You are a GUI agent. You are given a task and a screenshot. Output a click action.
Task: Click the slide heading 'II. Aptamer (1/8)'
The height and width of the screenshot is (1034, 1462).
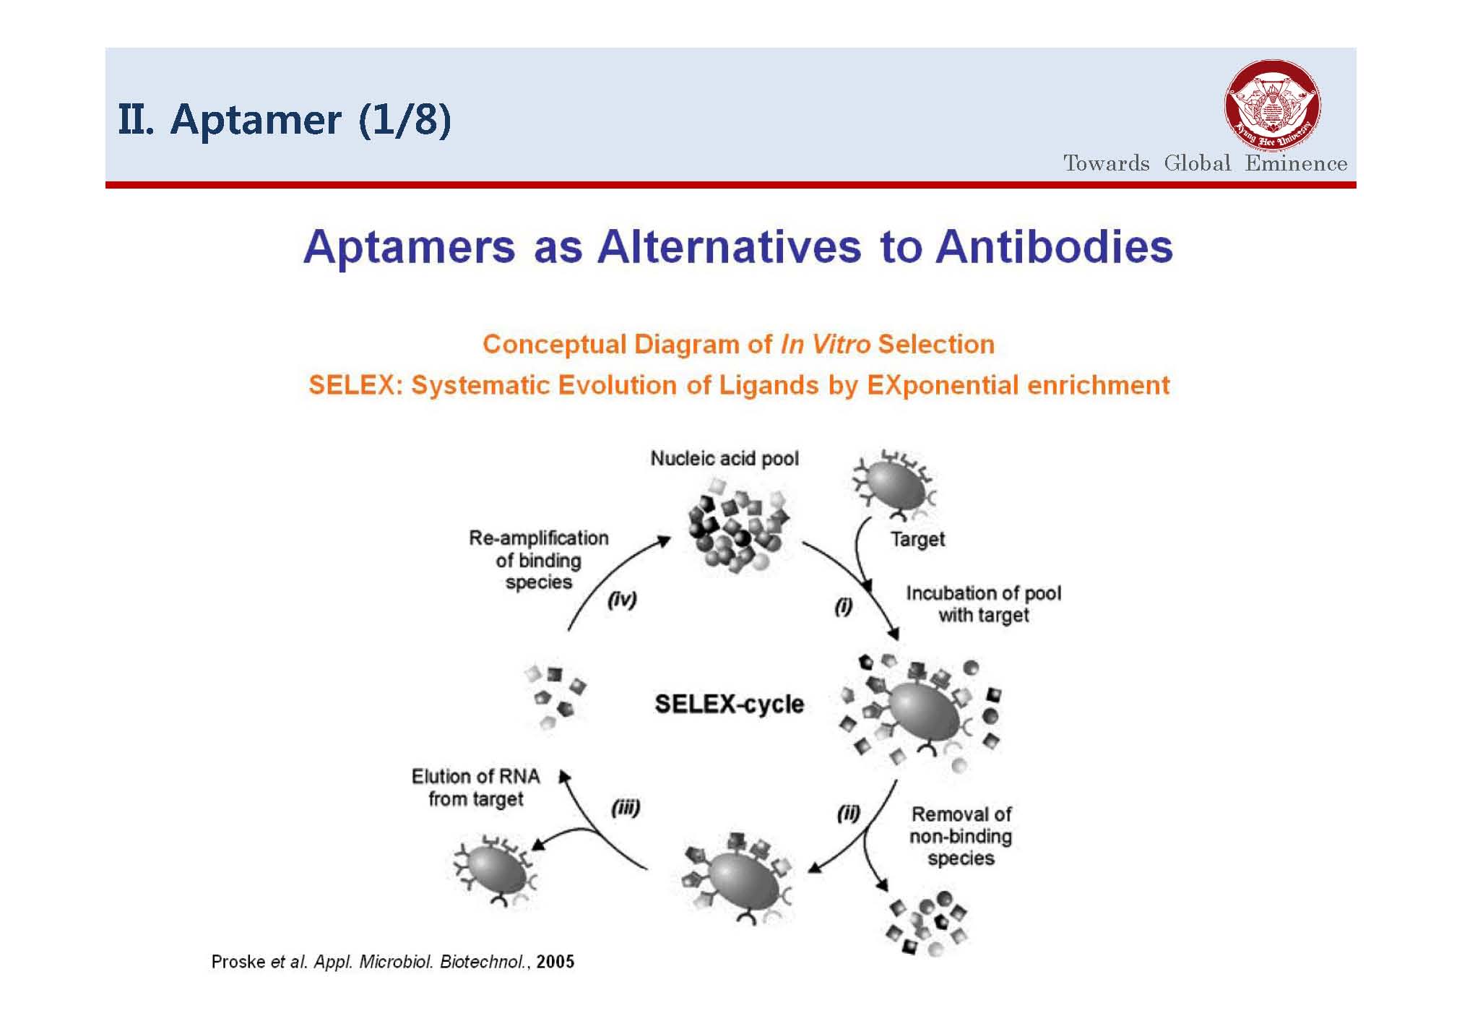285,119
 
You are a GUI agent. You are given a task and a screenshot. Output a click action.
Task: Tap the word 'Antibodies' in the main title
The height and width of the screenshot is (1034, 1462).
1054,246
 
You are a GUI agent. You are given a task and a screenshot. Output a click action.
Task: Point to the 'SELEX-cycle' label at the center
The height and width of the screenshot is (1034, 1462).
729,704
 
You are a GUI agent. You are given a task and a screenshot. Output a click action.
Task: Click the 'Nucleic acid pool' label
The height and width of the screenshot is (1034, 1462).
724,458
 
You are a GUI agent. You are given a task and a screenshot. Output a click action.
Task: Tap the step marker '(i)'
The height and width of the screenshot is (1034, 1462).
843,606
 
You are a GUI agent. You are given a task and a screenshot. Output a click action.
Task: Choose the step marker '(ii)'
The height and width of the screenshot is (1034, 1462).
848,814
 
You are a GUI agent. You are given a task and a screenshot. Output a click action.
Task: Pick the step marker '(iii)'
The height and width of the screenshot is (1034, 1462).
626,808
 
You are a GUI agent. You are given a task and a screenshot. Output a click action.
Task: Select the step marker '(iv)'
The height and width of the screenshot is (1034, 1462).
622,600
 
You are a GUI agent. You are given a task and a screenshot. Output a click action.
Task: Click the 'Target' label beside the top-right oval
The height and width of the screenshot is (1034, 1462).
917,539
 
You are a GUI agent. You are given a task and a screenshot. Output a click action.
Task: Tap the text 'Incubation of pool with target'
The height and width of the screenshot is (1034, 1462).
983,604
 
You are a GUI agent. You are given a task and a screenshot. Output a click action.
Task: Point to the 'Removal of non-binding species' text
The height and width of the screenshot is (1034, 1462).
961,836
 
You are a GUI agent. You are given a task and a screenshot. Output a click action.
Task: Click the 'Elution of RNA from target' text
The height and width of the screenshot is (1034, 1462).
475,788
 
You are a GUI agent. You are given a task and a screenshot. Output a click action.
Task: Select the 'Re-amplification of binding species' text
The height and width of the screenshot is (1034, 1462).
539,560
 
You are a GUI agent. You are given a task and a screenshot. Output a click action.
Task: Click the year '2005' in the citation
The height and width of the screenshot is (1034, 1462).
555,962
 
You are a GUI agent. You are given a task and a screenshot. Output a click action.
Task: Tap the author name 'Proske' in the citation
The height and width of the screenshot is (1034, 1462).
238,962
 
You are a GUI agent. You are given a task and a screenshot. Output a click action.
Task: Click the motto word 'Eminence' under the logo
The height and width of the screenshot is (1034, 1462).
1296,163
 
